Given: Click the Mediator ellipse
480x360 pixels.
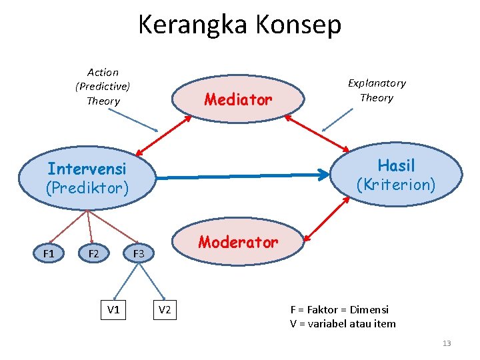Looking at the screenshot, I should pos(239,100).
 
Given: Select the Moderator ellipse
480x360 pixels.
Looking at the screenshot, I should pos(238,243).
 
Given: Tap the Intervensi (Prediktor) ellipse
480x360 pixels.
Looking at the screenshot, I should pos(87,178).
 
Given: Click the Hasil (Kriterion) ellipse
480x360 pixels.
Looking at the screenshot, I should pos(396,175).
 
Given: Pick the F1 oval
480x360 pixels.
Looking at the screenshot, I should pos(49,253).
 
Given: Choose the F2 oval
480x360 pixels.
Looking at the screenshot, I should pos(93,253).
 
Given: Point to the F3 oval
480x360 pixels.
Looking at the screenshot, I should pos(139,253).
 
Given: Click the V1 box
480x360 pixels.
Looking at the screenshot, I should pos(113,309).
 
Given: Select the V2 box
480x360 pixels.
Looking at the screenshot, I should pos(165,309).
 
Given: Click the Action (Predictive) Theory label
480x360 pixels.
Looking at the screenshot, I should pos(103,87).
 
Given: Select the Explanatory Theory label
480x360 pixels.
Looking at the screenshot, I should pos(377,90).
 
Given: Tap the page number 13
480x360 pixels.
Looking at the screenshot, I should pos(447,343).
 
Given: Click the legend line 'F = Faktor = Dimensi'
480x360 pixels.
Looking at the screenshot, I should pos(339,309).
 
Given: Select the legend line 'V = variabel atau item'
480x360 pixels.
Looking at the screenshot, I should pos(343,324).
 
